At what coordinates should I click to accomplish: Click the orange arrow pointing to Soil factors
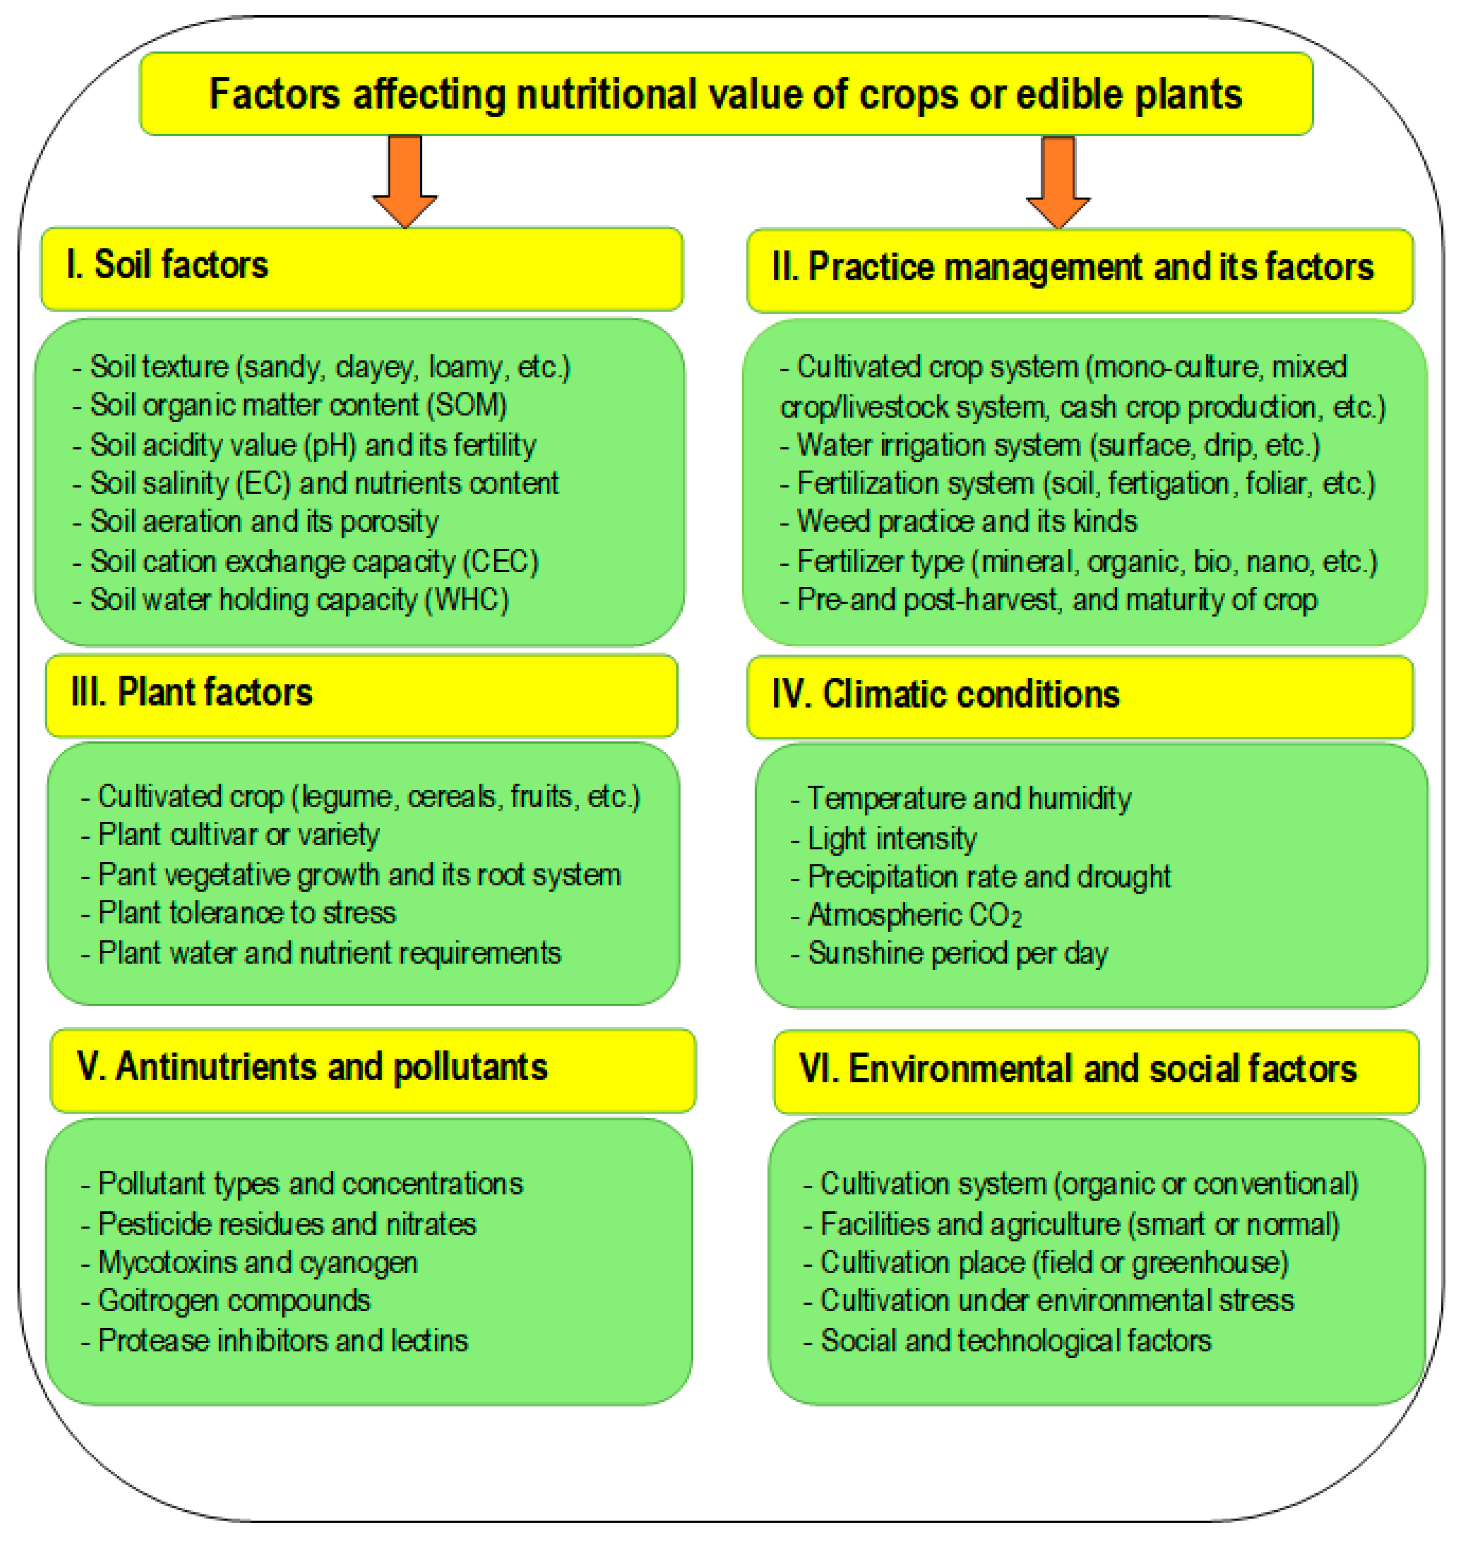[405, 179]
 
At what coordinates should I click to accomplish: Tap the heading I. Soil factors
[167, 265]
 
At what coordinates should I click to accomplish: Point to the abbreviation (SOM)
[467, 405]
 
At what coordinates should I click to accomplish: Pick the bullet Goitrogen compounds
[234, 1300]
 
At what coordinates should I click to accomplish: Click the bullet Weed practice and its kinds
[966, 521]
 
